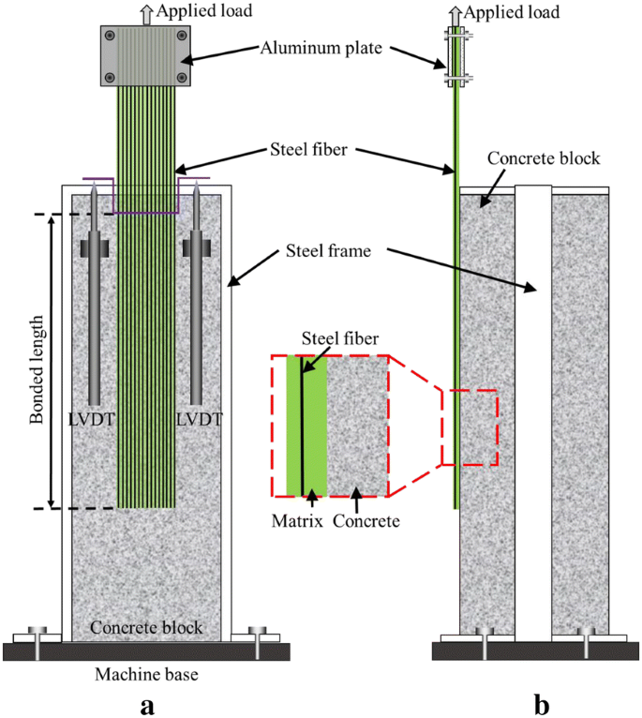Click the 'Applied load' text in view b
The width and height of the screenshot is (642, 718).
click(512, 12)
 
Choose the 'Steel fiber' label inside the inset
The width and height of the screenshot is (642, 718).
click(327, 341)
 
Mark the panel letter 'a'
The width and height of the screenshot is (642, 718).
click(146, 704)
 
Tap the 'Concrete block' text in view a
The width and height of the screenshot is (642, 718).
click(146, 626)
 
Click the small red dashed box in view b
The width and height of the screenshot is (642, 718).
click(469, 427)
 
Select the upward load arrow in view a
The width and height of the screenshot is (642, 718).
click(145, 11)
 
